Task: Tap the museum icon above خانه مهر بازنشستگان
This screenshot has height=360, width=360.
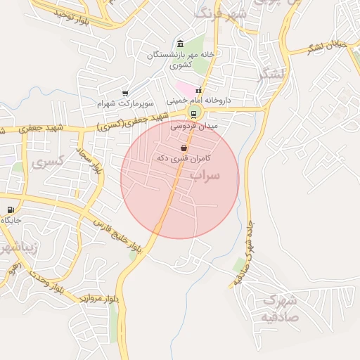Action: pos(181,44)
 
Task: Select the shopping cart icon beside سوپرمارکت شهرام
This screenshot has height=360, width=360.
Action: pos(125,93)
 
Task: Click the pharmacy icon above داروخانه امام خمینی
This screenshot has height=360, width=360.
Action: pos(199,91)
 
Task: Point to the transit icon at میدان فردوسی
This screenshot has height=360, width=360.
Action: pos(193,115)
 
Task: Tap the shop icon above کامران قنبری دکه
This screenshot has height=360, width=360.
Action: pos(184,148)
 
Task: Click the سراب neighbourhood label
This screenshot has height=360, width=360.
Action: pos(206,174)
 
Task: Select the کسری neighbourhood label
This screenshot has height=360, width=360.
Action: pos(48,161)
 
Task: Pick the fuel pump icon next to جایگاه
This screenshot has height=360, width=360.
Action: pos(10,210)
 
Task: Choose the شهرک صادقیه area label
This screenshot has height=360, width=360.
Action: pos(280,308)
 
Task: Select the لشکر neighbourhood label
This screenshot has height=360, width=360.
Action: pos(271,75)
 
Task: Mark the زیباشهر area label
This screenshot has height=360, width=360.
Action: pos(15,249)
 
